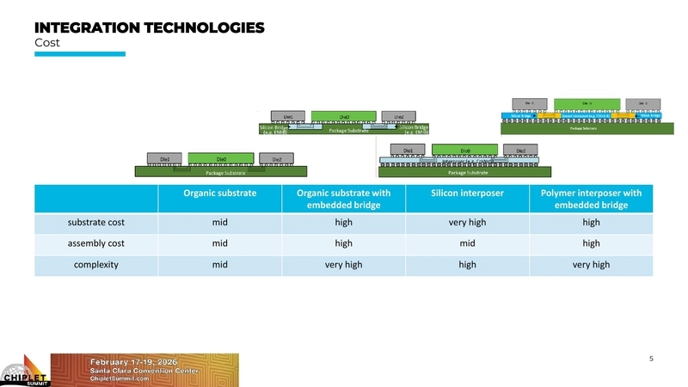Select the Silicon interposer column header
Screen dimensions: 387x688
coord(466,193)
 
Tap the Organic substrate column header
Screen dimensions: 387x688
coord(220,193)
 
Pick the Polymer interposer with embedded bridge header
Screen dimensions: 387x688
coord(592,199)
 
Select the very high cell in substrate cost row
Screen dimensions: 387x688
coord(466,223)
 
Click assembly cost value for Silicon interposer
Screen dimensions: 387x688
coord(466,243)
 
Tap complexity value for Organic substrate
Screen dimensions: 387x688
coord(220,264)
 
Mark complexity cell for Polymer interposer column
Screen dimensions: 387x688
coord(592,264)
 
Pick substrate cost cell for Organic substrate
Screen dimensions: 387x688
coord(220,223)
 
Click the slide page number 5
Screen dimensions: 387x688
coord(650,358)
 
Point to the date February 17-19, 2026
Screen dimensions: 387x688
coord(135,362)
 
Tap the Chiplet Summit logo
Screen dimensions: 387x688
coord(24,370)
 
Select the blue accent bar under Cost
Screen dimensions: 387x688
coord(79,54)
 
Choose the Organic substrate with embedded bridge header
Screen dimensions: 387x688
coord(343,199)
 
